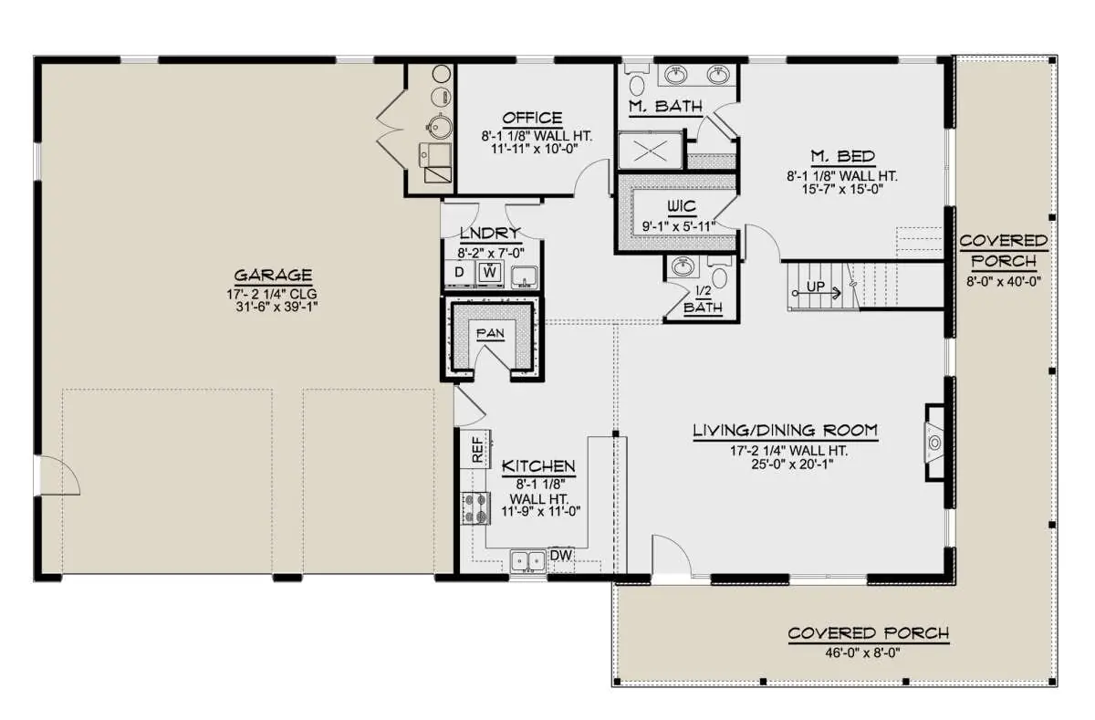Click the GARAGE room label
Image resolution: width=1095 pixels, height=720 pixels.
pos(273,276)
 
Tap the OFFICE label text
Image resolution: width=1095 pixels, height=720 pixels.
pos(532,118)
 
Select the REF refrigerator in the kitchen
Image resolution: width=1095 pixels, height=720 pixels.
pos(476,449)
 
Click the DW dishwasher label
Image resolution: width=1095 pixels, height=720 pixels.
pos(561,555)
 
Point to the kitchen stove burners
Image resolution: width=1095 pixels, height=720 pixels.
pos(475,508)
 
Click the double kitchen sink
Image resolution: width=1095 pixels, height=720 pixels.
pos(528,560)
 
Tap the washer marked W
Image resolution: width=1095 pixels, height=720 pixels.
pos(490,272)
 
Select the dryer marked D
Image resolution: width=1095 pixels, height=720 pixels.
pos(460,272)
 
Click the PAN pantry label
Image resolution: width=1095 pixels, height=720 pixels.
pos(490,333)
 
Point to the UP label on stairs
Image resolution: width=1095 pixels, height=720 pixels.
pos(816,287)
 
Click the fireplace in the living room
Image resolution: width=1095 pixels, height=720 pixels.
pos(934,443)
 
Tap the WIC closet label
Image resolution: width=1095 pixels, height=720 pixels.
pos(682,206)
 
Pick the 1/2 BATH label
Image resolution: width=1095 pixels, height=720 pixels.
pos(703,299)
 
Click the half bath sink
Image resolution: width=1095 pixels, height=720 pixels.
pos(683,266)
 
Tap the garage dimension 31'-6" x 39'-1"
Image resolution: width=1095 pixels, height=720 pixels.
pos(276,307)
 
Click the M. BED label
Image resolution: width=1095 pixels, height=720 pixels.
pos(843,156)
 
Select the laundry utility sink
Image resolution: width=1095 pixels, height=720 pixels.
pos(525,277)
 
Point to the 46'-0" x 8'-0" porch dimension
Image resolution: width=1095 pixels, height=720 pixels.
pos(862,652)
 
